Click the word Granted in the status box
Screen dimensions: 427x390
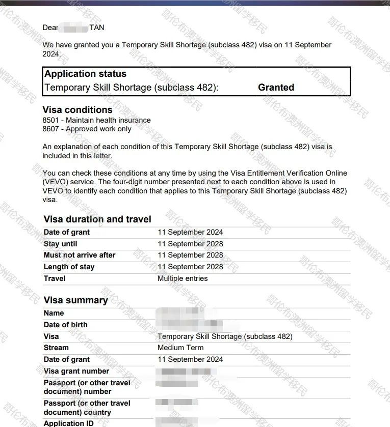[276, 88]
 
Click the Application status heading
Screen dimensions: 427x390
[85, 74]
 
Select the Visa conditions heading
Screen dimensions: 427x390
[77, 110]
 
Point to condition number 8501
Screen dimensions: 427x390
[51, 120]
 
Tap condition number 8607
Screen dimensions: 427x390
[51, 129]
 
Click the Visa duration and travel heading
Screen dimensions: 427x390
[97, 220]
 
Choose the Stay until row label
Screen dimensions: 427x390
[61, 244]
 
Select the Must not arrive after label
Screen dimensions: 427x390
[80, 255]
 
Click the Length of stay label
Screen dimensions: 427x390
[69, 267]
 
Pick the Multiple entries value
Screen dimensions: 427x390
[183, 278]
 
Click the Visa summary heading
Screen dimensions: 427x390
[75, 300]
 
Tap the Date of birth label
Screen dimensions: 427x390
[65, 325]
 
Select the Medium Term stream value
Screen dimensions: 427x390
[180, 348]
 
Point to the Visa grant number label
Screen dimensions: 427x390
[76, 371]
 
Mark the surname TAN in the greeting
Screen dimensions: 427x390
[97, 27]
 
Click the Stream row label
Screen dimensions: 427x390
[56, 348]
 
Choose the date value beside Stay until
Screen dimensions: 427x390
[190, 244]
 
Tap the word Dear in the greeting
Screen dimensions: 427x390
[50, 27]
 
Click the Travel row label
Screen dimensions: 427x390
[55, 278]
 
